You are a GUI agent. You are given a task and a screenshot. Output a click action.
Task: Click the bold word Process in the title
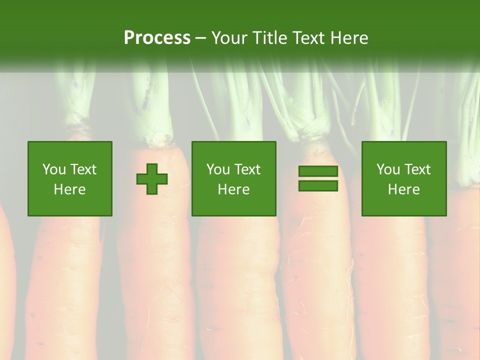point(157,38)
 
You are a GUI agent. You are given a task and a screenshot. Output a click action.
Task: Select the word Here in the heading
point(348,38)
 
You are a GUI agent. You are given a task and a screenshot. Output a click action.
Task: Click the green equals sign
point(318,178)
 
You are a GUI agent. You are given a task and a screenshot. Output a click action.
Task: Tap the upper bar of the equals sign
point(318,171)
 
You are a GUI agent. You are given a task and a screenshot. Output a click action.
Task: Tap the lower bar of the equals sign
point(318,185)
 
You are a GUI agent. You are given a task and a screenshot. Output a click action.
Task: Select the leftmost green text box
point(69,178)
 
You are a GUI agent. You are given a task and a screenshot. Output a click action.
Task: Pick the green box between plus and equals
point(233,178)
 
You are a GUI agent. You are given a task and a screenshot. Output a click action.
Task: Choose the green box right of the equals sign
point(403,178)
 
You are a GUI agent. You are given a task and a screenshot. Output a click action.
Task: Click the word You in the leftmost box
point(53,169)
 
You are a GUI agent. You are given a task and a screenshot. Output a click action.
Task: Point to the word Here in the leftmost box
point(69,189)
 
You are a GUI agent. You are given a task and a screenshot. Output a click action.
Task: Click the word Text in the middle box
point(247,169)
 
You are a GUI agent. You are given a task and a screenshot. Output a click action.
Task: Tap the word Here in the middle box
point(233,189)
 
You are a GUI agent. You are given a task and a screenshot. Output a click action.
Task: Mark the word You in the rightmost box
point(387,169)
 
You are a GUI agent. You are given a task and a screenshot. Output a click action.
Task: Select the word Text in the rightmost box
point(417,169)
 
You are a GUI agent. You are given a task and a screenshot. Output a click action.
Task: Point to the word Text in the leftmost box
point(83,169)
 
